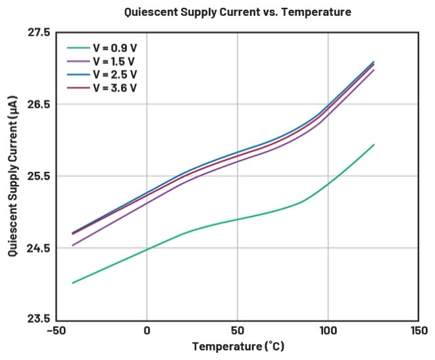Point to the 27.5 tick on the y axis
click(x=38, y=32)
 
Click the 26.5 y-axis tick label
click(x=38, y=104)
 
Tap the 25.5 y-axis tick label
click(x=38, y=176)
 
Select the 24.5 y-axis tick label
click(x=38, y=248)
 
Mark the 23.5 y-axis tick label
click(x=38, y=320)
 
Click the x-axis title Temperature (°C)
click(x=238, y=346)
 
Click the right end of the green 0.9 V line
click(x=374, y=145)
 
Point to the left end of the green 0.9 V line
click(x=72, y=283)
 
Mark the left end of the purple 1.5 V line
click(x=72, y=245)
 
